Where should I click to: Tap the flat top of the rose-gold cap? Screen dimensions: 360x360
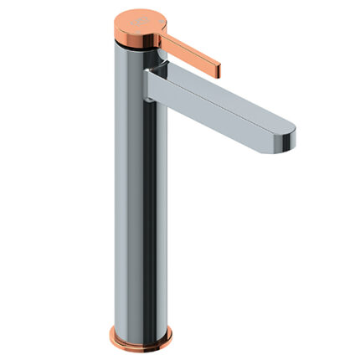(134, 18)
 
